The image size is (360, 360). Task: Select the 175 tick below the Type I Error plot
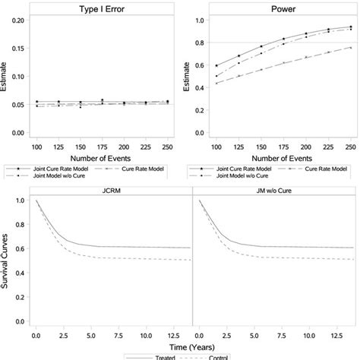coord(122,144)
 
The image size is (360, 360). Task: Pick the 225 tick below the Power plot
coord(328,144)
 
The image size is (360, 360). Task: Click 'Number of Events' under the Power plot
coord(274,156)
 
